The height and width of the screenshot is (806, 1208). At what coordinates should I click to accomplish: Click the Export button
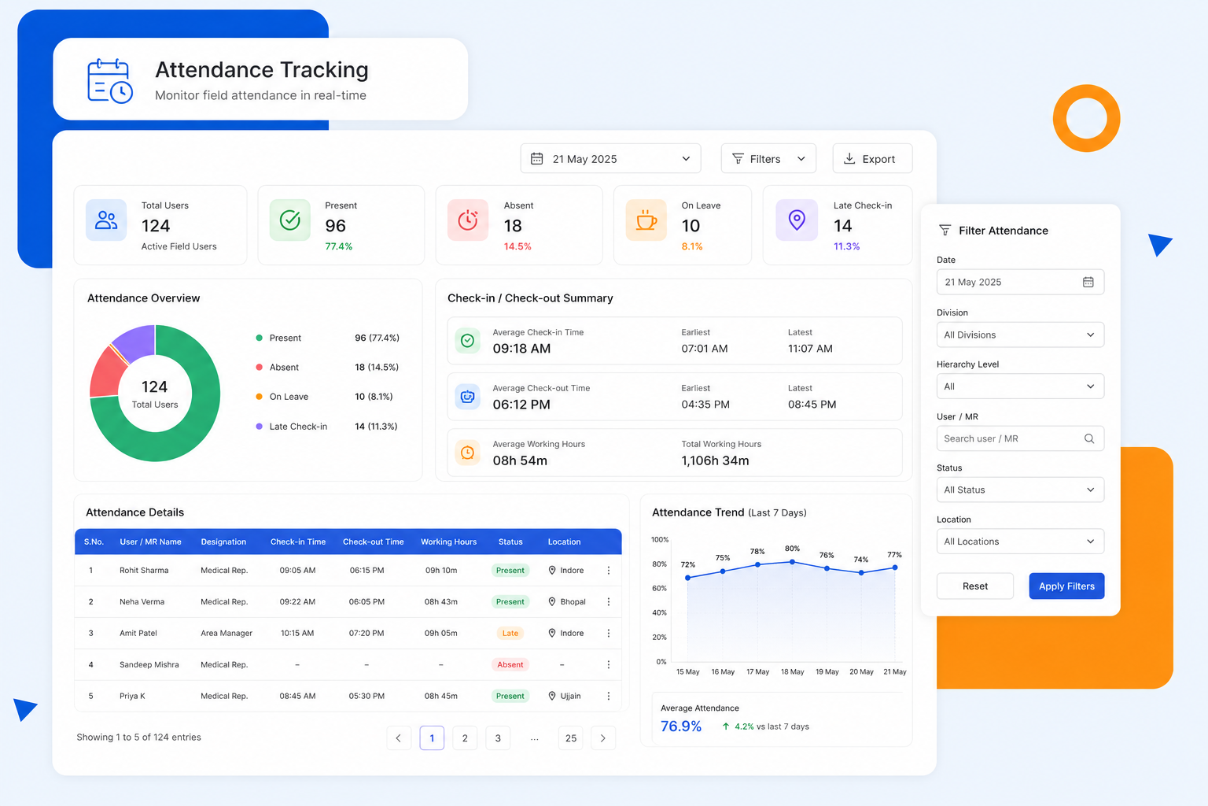(872, 159)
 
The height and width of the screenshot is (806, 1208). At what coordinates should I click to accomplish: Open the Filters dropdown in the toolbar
(768, 159)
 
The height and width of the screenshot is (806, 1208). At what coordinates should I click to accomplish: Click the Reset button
(974, 586)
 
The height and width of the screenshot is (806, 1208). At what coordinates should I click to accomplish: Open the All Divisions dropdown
(1020, 335)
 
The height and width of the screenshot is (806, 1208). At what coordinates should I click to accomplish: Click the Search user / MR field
(1020, 438)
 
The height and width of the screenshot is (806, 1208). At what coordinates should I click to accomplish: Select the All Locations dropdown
(1020, 541)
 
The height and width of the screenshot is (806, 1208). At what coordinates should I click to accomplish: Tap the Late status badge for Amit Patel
(510, 633)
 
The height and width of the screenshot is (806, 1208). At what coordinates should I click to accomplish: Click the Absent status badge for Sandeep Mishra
(510, 664)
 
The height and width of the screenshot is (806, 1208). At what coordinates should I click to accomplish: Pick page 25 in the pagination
(570, 738)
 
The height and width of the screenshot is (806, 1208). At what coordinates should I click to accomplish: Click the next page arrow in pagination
(603, 738)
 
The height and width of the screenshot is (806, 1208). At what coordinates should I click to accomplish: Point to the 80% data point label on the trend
(792, 548)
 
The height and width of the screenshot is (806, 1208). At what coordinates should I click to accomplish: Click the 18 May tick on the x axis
(792, 671)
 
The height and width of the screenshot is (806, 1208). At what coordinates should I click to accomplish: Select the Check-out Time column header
(374, 542)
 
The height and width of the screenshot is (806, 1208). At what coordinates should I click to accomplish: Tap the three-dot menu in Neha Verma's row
(608, 601)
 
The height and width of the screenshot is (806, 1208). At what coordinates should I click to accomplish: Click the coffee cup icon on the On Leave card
(646, 220)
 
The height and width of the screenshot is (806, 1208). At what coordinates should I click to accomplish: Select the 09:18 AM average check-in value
(521, 348)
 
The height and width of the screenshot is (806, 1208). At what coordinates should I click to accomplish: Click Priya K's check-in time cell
(297, 696)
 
